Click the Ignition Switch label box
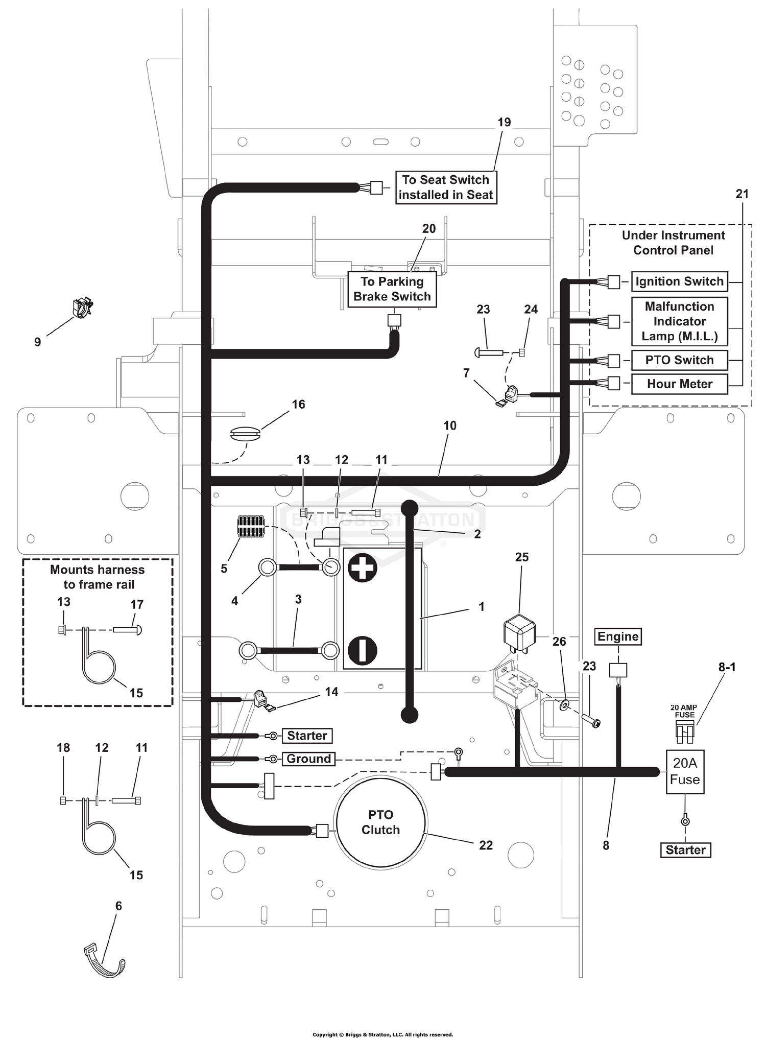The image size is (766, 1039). [x=679, y=281]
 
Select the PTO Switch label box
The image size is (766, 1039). [x=679, y=360]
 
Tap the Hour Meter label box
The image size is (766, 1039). [x=679, y=384]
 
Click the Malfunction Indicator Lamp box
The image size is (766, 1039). [x=679, y=321]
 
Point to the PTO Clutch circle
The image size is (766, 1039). [x=380, y=822]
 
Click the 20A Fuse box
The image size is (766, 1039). [x=685, y=771]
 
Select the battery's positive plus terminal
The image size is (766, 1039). [x=362, y=567]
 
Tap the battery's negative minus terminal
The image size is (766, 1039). [x=362, y=651]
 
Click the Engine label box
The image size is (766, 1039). [x=618, y=636]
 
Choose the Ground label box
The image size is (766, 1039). [x=308, y=759]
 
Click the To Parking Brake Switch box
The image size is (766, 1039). [x=392, y=289]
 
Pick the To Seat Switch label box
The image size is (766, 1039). [x=446, y=187]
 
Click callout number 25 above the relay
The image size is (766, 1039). [x=521, y=557]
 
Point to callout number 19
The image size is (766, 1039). [x=504, y=123]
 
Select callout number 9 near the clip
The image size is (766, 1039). [x=37, y=342]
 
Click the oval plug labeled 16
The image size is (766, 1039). [x=246, y=434]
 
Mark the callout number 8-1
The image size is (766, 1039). [x=727, y=667]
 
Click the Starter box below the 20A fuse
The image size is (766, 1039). [x=685, y=850]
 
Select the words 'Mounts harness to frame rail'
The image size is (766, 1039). [x=98, y=577]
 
